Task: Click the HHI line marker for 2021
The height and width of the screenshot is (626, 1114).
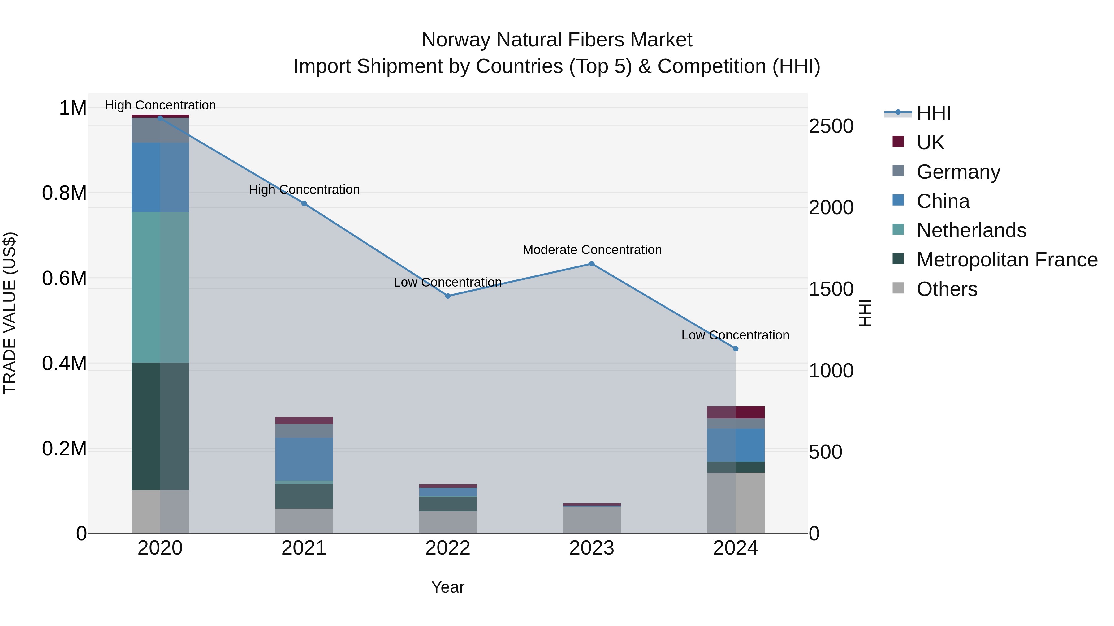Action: [x=304, y=203]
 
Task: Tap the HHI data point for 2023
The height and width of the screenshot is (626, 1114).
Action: [x=592, y=264]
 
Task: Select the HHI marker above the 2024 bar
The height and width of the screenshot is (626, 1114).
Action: [x=735, y=349]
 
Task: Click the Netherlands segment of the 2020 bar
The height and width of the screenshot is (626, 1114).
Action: [x=160, y=287]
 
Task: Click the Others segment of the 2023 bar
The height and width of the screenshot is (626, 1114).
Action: [x=592, y=520]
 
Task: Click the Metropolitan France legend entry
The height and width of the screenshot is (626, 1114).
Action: [x=1007, y=260]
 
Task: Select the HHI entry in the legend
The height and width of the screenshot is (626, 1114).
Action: [x=933, y=113]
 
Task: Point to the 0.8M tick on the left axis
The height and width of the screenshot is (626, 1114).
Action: [x=64, y=193]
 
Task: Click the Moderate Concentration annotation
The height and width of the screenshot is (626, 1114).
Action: [x=592, y=250]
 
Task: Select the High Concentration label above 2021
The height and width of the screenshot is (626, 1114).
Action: [x=304, y=190]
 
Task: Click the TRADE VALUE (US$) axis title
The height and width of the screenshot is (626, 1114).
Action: [x=10, y=313]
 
